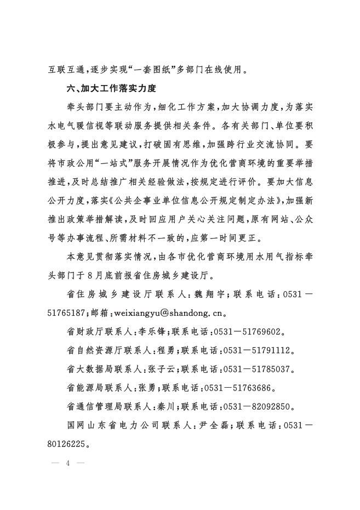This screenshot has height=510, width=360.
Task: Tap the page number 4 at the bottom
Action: tap(68, 463)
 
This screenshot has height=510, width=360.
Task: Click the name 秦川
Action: tap(164, 407)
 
